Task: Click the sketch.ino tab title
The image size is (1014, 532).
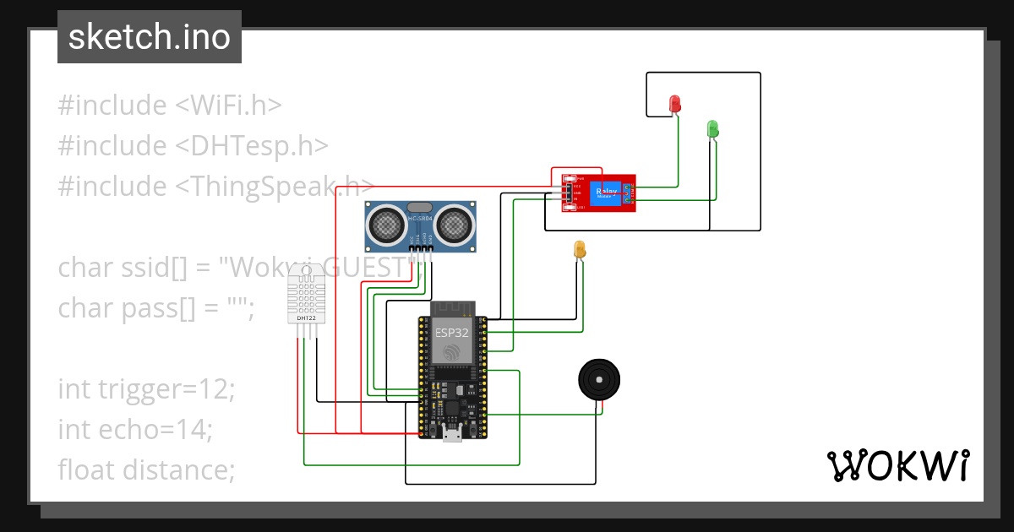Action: [x=149, y=37]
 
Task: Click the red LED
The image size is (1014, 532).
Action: [x=674, y=103]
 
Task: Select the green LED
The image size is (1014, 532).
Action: [x=712, y=128]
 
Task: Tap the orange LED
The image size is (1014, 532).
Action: [x=579, y=249]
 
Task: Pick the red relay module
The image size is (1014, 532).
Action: [x=596, y=193]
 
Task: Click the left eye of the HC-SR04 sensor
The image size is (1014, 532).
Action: [x=386, y=224]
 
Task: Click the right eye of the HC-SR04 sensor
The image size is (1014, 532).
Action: [x=454, y=224]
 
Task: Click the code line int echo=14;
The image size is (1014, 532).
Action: [x=135, y=429]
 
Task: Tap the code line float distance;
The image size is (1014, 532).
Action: [x=146, y=469]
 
